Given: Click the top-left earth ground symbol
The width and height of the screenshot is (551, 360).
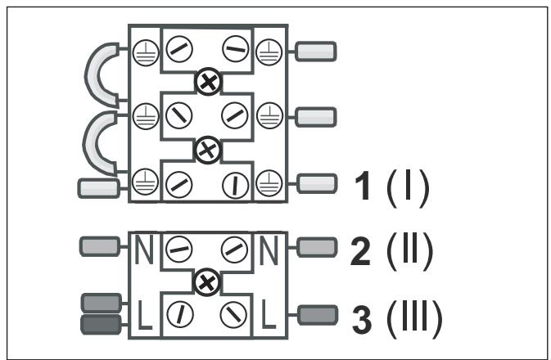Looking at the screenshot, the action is [x=146, y=52].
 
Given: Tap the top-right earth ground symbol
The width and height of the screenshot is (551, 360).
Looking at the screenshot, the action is [x=269, y=52].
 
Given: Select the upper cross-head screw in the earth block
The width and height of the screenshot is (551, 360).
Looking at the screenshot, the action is [x=209, y=82].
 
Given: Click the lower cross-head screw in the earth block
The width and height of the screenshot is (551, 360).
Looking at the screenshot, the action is [x=208, y=151].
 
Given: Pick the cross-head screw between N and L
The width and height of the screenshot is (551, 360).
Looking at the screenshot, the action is [x=207, y=282].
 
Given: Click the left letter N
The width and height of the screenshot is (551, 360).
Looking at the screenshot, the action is [x=144, y=250].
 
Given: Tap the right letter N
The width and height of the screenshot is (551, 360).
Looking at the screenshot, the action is [x=269, y=250].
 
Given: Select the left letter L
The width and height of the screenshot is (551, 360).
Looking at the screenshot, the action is [x=144, y=315].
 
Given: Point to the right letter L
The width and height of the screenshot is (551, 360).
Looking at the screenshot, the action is [x=269, y=314].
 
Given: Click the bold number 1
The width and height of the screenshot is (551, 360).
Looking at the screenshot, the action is [x=363, y=186].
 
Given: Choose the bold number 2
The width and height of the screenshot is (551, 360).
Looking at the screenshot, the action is [x=360, y=250].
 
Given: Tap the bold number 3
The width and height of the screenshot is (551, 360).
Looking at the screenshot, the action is [x=362, y=319].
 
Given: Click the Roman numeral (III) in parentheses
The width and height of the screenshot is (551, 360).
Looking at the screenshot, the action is [x=414, y=319].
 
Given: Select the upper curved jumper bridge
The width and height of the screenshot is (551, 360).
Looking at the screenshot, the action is [x=92, y=74].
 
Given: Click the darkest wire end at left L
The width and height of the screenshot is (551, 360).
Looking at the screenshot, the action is [x=102, y=324].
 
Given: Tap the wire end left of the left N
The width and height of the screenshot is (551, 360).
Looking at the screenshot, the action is [x=100, y=246].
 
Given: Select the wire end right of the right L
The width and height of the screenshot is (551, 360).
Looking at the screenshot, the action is [x=318, y=315].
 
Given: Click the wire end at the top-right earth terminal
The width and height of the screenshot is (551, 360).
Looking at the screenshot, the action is [x=315, y=52].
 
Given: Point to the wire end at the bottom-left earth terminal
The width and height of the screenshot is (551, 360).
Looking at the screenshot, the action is [x=98, y=188].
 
